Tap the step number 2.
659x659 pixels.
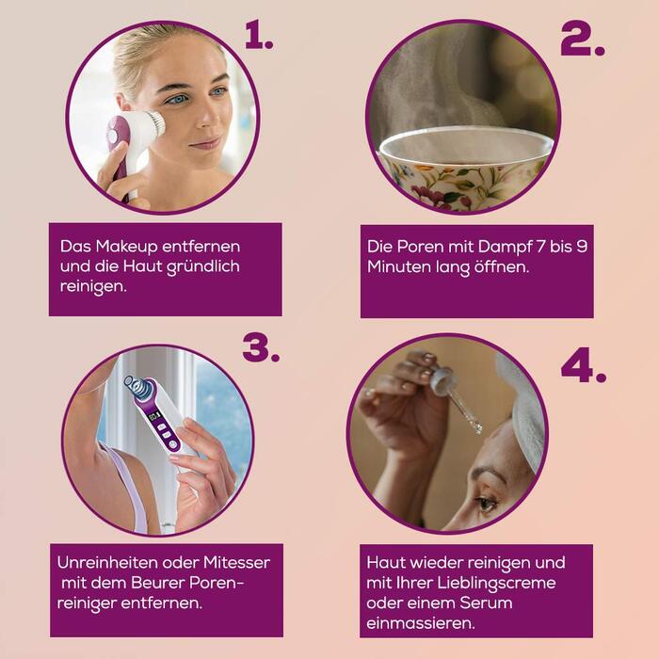pyautogui.click(x=583, y=39)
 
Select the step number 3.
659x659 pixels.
pyautogui.click(x=261, y=348)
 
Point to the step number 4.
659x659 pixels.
pyautogui.click(x=584, y=365)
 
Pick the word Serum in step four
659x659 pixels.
pyautogui.click(x=486, y=603)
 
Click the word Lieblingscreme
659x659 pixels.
pyautogui.click(x=497, y=584)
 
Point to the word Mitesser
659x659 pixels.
pyautogui.click(x=237, y=562)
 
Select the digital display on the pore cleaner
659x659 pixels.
pyautogui.click(x=154, y=416)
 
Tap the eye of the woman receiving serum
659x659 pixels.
pyautogui.click(x=486, y=503)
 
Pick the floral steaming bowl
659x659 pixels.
pyautogui.click(x=465, y=169)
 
